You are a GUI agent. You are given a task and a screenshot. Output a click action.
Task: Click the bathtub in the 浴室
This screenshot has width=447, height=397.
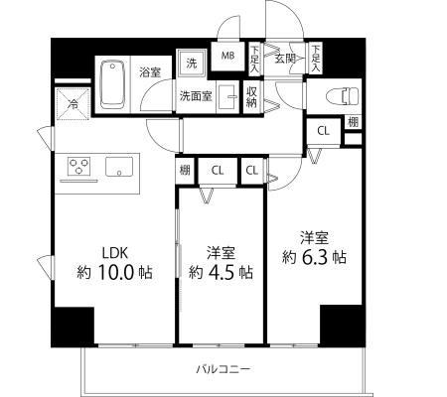point(113,84)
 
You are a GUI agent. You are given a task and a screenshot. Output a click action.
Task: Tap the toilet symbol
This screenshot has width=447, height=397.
point(343,95)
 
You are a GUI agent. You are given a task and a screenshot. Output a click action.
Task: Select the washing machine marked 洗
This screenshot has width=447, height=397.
point(192,64)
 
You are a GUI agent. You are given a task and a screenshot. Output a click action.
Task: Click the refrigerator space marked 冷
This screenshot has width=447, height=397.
point(73,104)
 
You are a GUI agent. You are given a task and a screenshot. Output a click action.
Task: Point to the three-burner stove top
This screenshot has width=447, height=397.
point(78,166)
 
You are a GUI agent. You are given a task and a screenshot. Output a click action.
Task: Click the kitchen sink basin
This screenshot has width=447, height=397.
point(119,167)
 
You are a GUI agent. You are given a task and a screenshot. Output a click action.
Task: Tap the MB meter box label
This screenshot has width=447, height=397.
point(227,56)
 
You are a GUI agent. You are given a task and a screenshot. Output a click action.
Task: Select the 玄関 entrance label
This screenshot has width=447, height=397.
point(285,59)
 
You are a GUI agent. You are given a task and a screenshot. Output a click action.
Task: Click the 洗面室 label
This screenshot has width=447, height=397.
point(196,96)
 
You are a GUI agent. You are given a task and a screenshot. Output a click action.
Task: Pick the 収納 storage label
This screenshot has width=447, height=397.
point(251,97)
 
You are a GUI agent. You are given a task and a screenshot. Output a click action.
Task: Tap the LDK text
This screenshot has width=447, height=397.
point(115,253)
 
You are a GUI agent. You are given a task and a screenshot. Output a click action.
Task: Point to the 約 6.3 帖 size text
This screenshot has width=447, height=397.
point(314,257)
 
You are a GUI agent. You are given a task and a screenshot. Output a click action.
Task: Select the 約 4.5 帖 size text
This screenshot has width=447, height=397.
point(221,272)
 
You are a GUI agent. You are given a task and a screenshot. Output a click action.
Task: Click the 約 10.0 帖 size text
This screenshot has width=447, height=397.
point(115,272)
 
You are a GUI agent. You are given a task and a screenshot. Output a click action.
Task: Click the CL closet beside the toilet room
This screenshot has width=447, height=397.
point(324,131)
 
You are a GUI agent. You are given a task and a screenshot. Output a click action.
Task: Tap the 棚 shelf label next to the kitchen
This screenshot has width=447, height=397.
point(185,170)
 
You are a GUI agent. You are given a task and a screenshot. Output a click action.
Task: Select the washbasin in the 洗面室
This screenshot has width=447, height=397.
point(228,97)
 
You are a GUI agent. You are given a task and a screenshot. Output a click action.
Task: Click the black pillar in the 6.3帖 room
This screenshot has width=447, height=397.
point(343,326)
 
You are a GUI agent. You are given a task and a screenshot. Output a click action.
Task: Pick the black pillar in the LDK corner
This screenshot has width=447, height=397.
point(73,327)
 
